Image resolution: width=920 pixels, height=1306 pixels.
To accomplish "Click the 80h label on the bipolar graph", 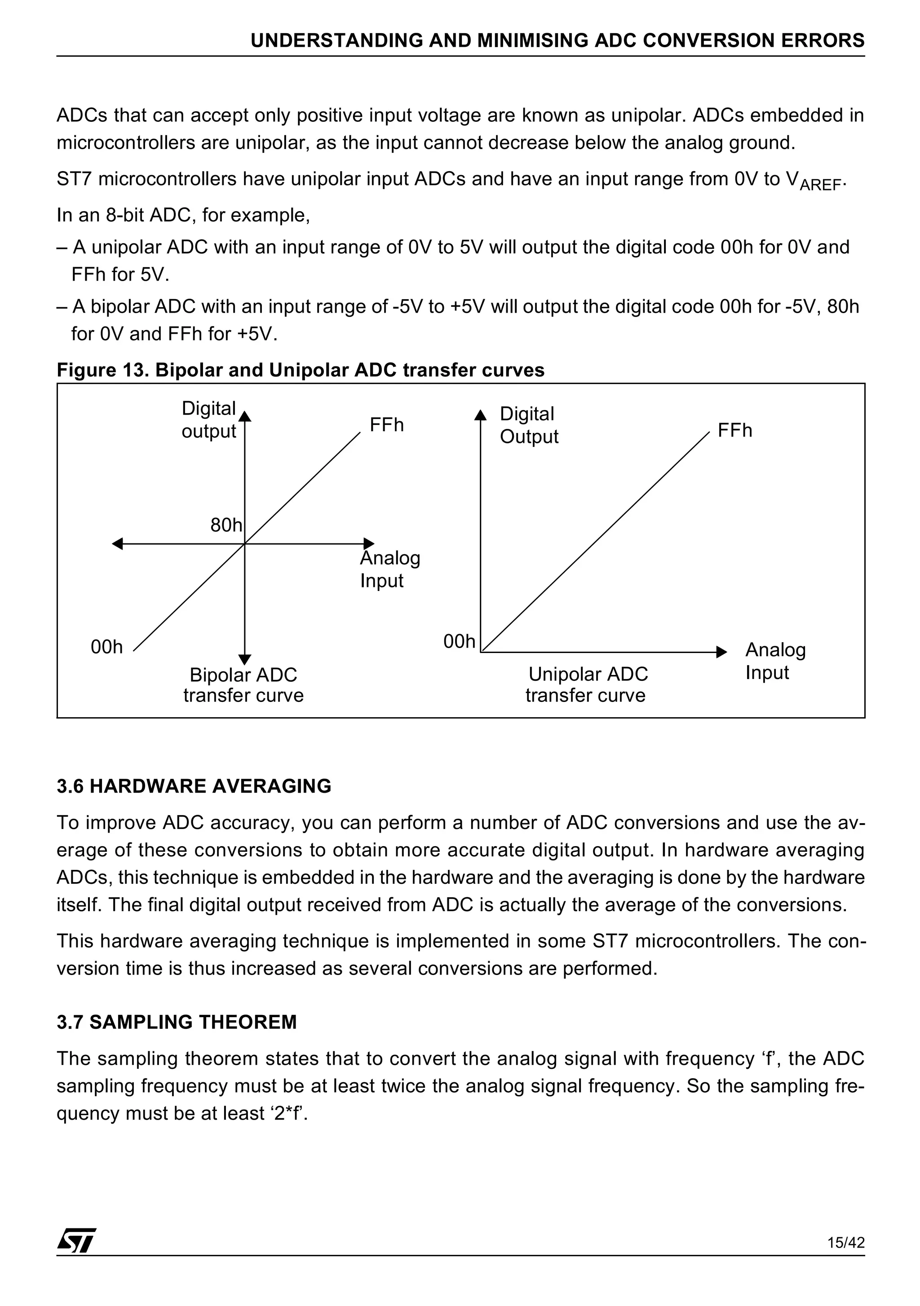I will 226,525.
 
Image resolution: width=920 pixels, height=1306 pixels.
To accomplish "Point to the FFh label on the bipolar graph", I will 386,425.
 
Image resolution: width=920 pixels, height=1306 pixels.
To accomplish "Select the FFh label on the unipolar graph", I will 734,431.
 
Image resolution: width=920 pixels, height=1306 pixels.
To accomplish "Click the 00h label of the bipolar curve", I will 106,647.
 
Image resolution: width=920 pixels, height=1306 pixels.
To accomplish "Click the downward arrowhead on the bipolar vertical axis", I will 245,659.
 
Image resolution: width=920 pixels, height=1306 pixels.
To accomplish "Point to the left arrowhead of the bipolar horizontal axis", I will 117,544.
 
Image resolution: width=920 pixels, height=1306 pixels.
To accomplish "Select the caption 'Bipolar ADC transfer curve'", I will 243,685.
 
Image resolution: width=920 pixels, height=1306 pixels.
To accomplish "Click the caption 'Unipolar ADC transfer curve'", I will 587,684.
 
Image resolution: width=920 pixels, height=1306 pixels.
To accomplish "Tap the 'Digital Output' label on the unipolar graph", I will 529,425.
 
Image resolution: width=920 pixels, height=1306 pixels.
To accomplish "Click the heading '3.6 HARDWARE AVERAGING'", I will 194,786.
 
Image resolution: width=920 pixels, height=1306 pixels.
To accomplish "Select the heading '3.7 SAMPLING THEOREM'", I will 177,1022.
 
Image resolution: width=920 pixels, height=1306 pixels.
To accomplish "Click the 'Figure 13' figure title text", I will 301,371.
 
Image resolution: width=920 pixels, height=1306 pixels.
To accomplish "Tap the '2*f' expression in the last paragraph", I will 288,1113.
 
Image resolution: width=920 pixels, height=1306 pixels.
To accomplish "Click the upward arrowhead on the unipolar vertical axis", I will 481,415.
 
